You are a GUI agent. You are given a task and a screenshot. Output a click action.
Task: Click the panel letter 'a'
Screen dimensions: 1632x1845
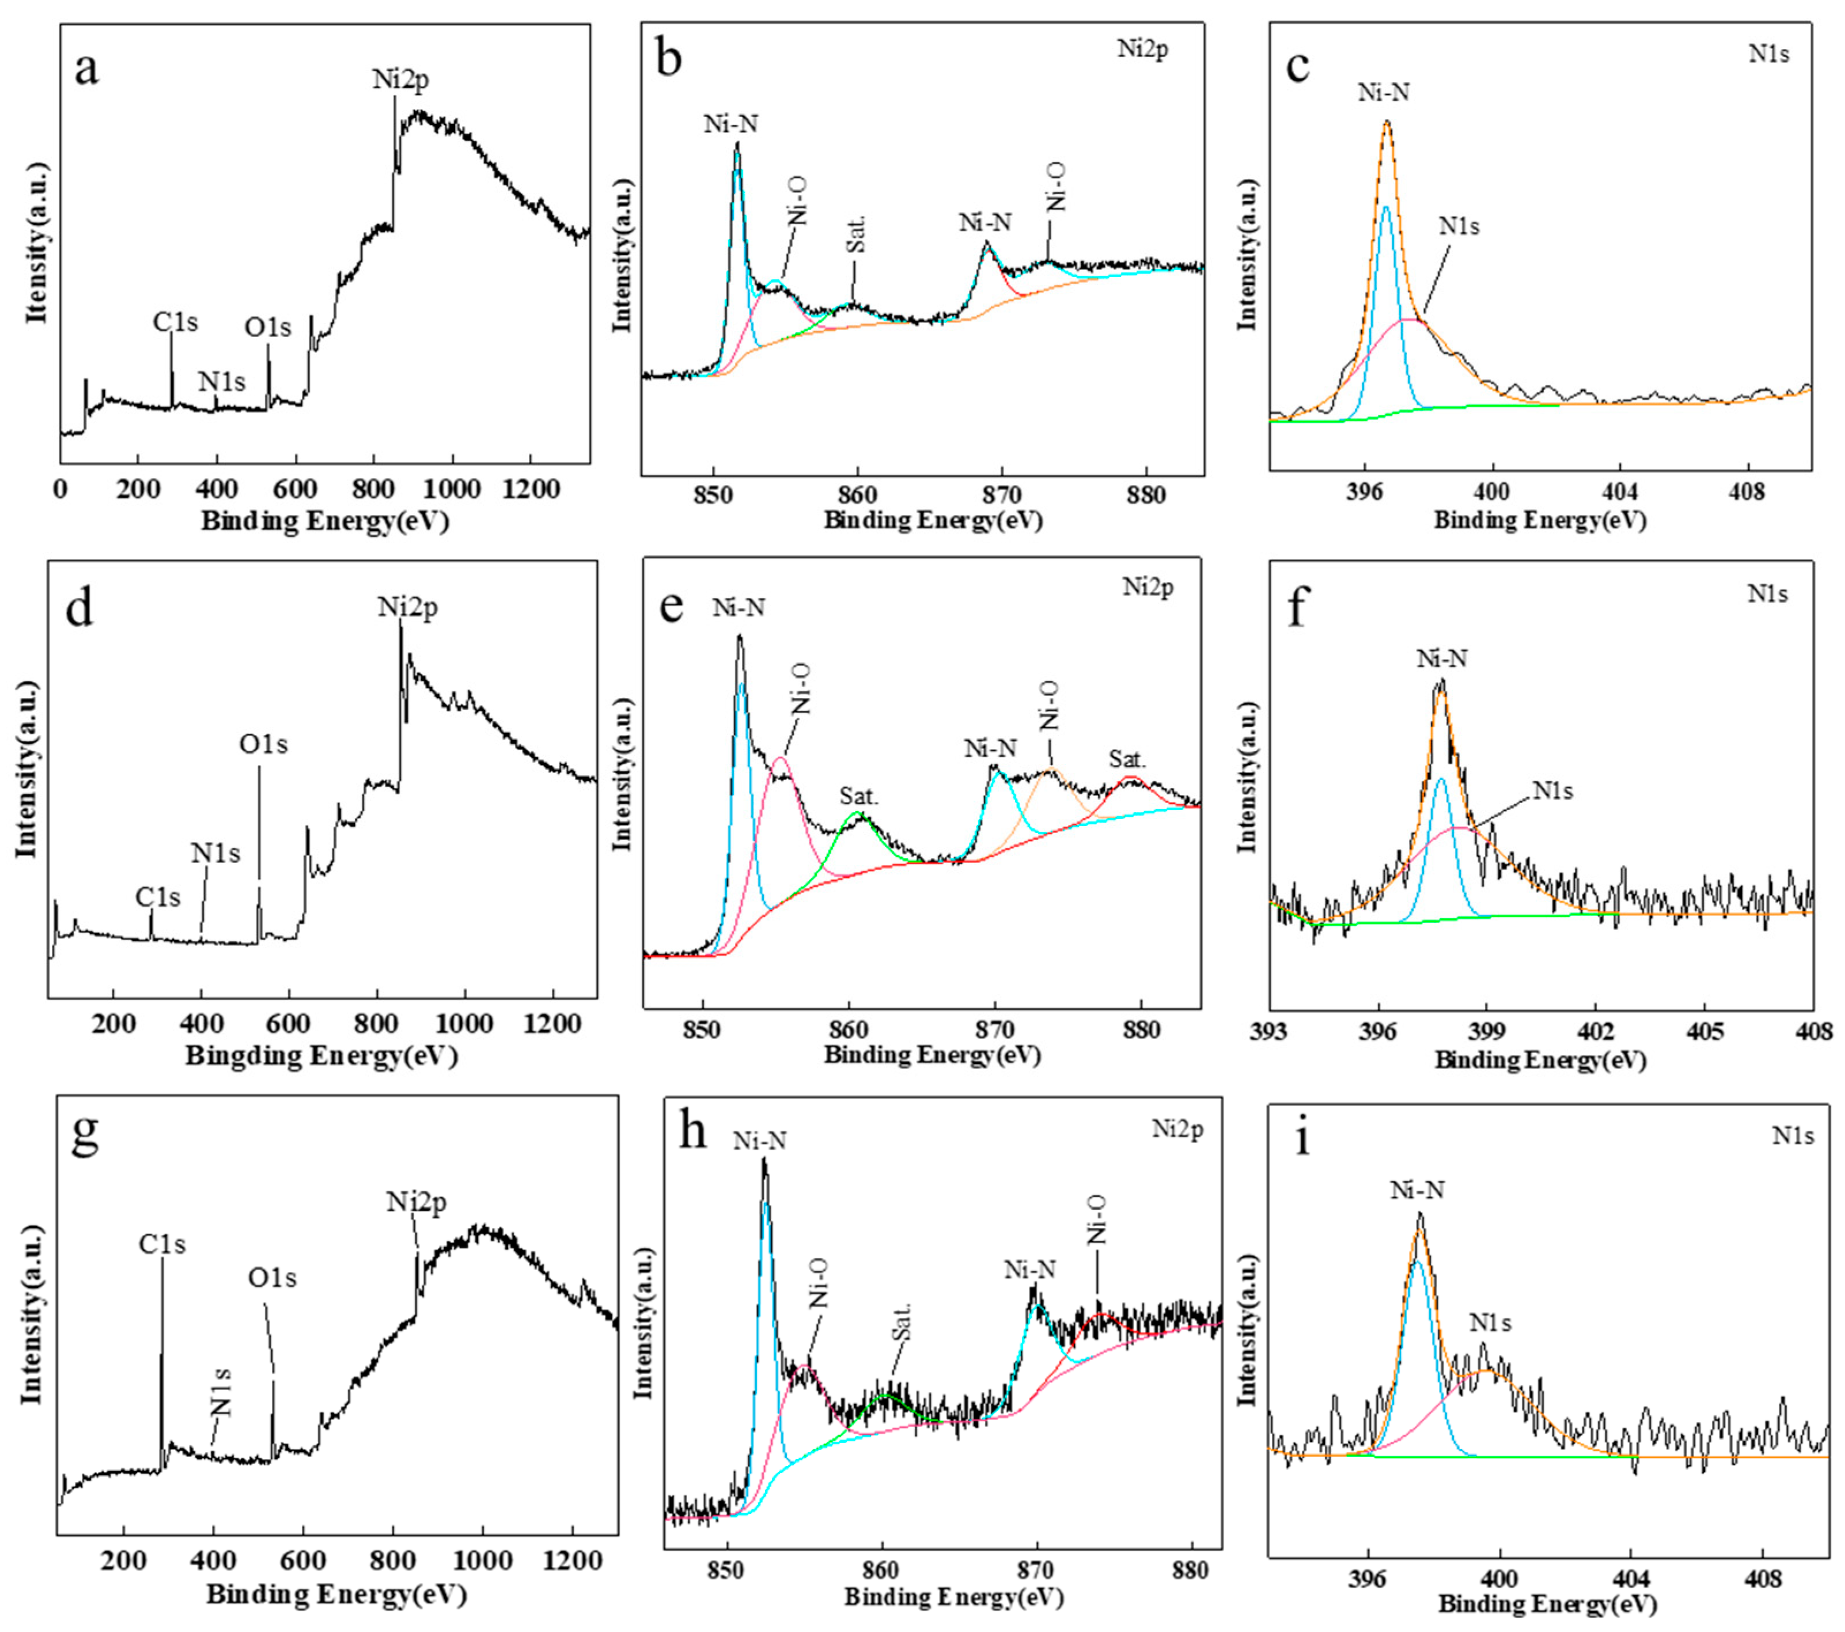click(86, 69)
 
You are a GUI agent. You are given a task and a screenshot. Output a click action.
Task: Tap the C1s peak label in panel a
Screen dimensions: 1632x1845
click(175, 321)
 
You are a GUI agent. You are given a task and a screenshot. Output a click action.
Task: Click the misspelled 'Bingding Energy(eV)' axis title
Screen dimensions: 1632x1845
click(321, 1055)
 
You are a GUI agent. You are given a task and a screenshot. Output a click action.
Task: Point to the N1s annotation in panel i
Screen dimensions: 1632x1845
click(1490, 1323)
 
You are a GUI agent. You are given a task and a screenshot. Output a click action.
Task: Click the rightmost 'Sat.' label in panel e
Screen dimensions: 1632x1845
click(1127, 759)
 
